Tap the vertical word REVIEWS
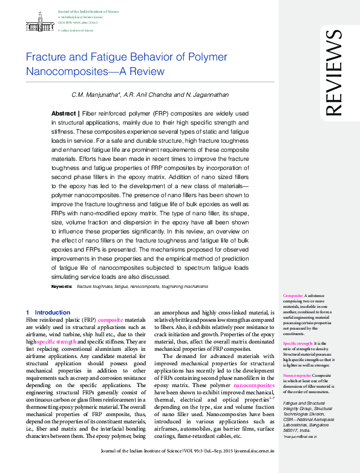333,73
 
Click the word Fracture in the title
45,58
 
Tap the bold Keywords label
62,285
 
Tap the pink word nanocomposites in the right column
254,385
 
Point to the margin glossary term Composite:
294,295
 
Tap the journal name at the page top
88,11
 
